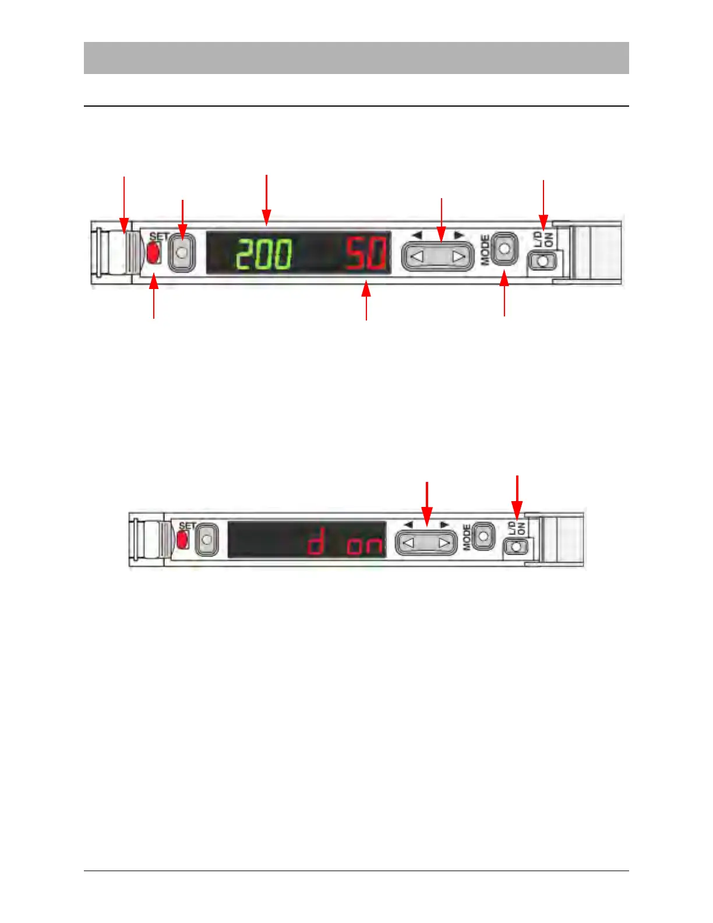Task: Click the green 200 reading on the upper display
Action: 263,254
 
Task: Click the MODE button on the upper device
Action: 504,249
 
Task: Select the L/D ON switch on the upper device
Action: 543,262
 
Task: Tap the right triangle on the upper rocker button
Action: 459,256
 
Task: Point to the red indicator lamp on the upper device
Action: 154,253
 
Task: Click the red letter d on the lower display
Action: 316,544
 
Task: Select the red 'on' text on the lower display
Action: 365,546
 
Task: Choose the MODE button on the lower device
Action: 483,536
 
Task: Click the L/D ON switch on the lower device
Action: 516,547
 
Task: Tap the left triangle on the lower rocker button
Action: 408,543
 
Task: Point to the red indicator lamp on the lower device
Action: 183,540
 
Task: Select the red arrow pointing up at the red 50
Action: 366,300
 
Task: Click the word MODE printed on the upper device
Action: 485,250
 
